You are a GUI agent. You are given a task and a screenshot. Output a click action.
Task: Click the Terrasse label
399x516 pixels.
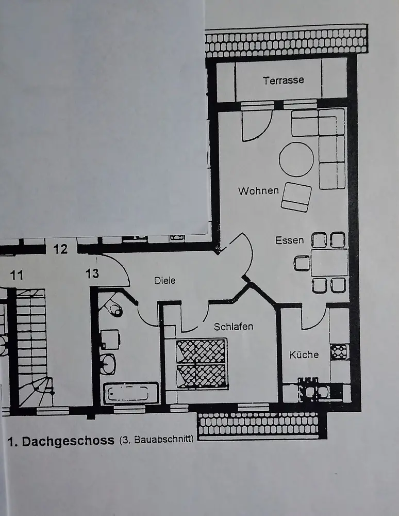pos(283,80)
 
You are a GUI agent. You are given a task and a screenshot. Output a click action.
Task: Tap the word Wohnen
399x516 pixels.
pos(258,191)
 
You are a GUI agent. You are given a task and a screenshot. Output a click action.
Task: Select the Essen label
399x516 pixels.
pos(289,240)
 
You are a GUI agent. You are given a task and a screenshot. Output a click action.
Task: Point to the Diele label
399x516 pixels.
pos(165,281)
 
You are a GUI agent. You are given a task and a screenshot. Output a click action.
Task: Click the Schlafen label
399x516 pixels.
pos(234,327)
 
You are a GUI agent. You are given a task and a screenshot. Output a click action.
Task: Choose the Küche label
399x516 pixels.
pos(304,354)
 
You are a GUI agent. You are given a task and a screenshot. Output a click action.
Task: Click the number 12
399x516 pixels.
pos(60,249)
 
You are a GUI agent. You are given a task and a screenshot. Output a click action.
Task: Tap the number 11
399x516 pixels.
pos(17,275)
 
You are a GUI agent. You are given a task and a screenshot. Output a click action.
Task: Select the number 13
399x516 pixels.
pos(92,273)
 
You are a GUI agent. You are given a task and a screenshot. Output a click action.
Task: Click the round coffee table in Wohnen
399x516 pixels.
pos(296,159)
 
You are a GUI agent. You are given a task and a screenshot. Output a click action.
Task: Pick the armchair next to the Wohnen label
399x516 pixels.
pos(296,197)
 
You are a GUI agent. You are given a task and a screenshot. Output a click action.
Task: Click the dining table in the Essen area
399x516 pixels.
pos(328,263)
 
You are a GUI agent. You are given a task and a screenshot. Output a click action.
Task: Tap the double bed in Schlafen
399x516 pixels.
pos(202,363)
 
